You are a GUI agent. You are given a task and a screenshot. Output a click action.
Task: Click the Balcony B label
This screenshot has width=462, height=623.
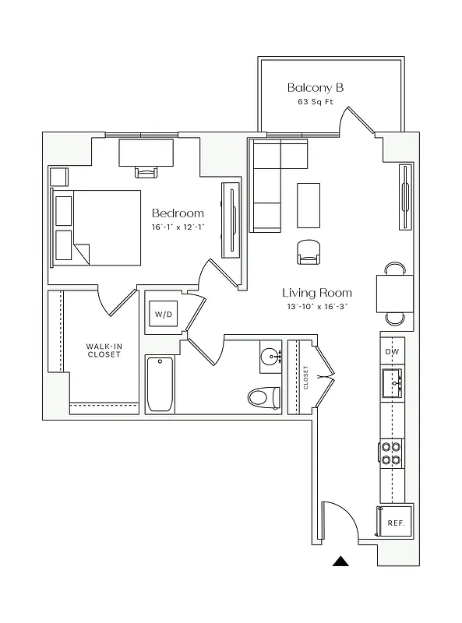[316, 87]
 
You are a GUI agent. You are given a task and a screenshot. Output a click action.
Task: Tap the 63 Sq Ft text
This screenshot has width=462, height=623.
[316, 103]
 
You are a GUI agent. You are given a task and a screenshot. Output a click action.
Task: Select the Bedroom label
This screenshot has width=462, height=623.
[178, 213]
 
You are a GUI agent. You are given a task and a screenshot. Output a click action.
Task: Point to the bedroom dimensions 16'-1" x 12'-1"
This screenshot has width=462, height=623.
[178, 227]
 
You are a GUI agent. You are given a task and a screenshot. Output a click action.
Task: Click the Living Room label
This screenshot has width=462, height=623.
[317, 293]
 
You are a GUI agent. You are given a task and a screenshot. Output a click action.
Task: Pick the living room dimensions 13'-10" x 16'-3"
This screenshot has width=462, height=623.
[317, 308]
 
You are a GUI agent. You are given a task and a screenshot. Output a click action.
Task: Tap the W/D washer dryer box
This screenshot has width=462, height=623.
[163, 315]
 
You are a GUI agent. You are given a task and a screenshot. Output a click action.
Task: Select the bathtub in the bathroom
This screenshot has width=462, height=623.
[161, 384]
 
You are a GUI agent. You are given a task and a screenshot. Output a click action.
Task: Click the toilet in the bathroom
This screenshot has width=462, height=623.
[263, 397]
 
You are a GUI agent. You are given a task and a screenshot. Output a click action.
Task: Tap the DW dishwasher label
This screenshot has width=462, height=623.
[392, 352]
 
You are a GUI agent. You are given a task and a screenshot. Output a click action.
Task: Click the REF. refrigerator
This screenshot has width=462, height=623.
[395, 523]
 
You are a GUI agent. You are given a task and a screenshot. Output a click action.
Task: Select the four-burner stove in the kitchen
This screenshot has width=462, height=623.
[392, 453]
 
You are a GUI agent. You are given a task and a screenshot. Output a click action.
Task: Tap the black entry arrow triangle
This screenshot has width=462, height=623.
[340, 561]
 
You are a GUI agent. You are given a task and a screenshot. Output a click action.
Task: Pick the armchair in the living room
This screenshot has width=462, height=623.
[309, 252]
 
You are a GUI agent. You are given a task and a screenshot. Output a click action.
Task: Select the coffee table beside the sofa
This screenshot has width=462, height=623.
[309, 205]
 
